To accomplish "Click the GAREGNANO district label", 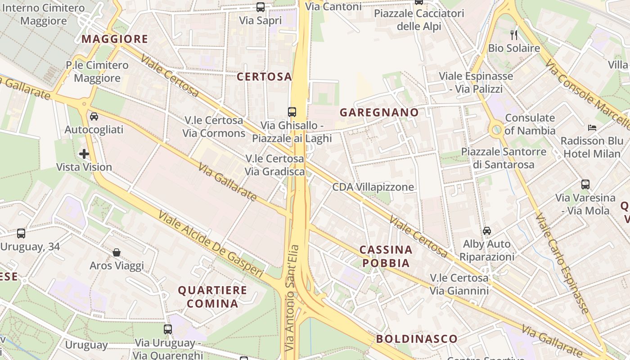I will tap(379, 112).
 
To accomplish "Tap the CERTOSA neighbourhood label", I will tap(264, 77).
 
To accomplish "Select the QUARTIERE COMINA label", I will tap(212, 297).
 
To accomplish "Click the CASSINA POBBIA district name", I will tap(386, 256).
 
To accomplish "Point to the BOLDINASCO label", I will tap(417, 339).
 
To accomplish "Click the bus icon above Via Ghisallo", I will tap(292, 112).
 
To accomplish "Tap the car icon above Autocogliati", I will tap(94, 117).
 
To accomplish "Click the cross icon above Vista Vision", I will tap(84, 154).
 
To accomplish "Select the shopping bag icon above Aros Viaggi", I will tap(117, 252).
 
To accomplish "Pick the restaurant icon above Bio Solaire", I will tap(514, 35).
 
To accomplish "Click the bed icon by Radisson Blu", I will tap(592, 128).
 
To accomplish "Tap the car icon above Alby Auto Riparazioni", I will tap(486, 231).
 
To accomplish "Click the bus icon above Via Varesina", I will tap(585, 184).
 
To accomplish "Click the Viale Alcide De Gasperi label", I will tap(211, 243).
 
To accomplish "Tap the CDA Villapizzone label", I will tap(373, 187).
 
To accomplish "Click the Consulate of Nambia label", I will tap(530, 124).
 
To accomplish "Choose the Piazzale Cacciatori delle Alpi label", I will tap(419, 20).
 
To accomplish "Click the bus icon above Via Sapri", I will tap(261, 7).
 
